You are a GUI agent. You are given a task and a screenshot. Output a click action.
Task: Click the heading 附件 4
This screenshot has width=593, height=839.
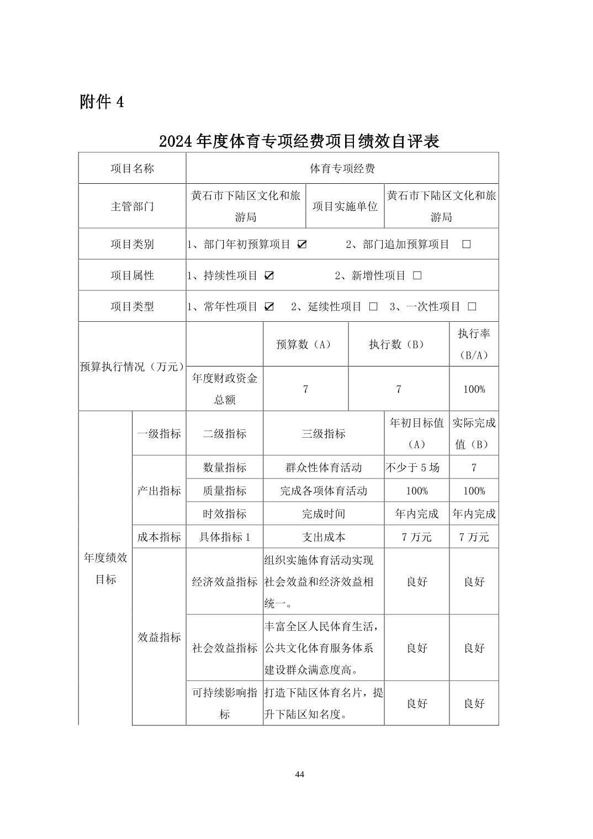(102, 102)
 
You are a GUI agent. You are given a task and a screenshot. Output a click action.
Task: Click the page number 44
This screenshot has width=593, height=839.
(300, 774)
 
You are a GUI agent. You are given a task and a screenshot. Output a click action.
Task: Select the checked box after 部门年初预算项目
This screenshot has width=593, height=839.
(302, 245)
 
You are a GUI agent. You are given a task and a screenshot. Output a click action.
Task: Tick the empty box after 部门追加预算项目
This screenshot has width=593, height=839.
(467, 245)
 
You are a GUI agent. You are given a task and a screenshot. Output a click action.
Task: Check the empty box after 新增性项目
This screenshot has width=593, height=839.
(417, 275)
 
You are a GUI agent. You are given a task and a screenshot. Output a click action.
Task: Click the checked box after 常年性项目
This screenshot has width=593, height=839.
(269, 306)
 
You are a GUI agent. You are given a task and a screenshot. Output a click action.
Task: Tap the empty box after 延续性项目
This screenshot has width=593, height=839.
(373, 306)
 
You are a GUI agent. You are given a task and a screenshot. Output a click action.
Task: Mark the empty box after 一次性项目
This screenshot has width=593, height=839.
(472, 306)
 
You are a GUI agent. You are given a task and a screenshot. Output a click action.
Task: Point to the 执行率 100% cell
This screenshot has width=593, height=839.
(474, 389)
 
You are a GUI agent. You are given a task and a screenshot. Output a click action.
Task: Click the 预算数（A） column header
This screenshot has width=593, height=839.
(305, 344)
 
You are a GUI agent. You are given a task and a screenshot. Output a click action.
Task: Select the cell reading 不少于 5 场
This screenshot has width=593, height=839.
(417, 468)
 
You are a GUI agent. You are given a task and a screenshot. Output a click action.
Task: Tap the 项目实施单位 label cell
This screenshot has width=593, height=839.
(345, 206)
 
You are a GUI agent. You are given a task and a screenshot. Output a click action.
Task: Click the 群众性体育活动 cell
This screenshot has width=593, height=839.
(324, 468)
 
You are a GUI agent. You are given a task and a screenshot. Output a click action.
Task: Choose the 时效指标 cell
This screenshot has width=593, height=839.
(225, 514)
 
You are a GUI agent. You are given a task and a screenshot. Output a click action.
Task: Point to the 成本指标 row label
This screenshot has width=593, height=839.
(159, 537)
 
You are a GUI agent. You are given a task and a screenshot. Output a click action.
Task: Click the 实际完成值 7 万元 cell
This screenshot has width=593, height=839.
(474, 537)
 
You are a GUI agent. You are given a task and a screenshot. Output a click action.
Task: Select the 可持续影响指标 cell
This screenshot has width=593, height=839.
(225, 703)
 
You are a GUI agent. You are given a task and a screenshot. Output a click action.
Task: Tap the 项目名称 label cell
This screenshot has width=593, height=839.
(133, 168)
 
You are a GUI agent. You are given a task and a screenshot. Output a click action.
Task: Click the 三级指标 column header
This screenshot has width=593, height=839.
(324, 434)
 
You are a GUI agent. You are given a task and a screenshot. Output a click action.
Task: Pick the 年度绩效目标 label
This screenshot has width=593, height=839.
(105, 569)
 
